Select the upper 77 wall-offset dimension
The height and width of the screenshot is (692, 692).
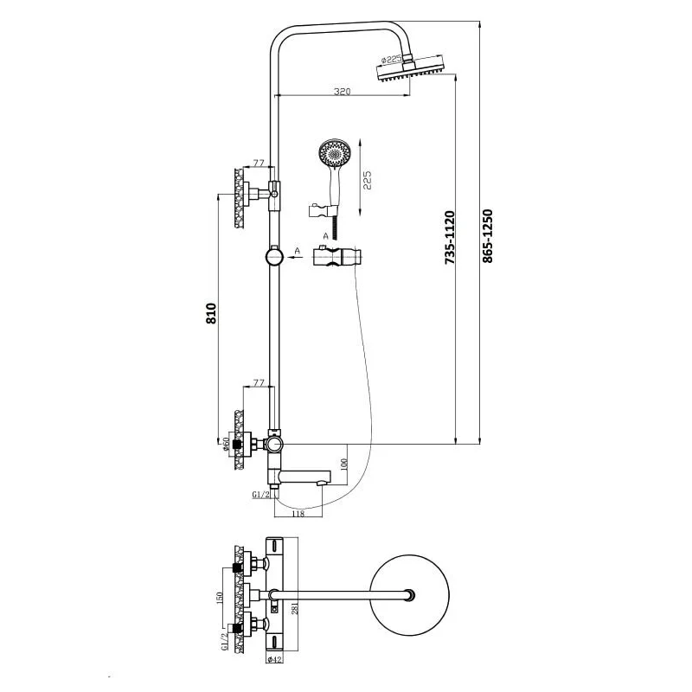pyautogui.click(x=258, y=162)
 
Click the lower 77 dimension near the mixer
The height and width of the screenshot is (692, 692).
pyautogui.click(x=257, y=381)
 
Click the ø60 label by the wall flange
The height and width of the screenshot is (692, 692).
pyautogui.click(x=226, y=445)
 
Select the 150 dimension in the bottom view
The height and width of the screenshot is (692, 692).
pyautogui.click(x=221, y=597)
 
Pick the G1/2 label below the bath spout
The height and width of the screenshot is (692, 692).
pyautogui.click(x=262, y=496)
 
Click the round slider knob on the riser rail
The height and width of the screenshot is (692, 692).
pyautogui.click(x=273, y=257)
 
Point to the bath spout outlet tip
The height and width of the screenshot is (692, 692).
pyautogui.click(x=325, y=477)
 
